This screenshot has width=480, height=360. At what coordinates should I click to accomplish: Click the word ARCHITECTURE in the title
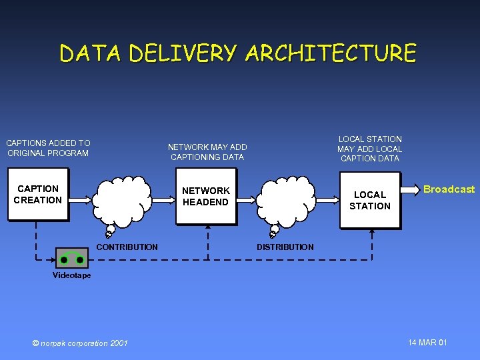[331, 53]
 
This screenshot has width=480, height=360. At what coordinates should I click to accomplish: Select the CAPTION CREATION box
[38, 195]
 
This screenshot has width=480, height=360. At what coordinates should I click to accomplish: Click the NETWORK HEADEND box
[205, 197]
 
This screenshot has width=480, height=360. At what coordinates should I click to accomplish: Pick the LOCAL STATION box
[370, 200]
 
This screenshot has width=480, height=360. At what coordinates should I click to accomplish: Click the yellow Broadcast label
[449, 189]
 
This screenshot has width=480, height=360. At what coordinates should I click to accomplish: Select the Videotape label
[71, 275]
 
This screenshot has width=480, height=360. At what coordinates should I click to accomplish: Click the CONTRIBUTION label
[127, 247]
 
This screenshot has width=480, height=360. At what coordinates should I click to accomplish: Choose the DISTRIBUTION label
[285, 247]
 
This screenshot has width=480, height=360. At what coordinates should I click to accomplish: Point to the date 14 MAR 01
[427, 343]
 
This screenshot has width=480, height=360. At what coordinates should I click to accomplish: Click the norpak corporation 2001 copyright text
[80, 343]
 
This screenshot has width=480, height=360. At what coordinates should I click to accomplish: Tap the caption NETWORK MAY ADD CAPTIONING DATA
[207, 152]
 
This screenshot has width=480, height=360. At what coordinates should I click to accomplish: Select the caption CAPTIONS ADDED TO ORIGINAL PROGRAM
[48, 148]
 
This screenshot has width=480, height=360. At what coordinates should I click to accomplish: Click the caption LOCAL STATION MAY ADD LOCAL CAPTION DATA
[369, 149]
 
